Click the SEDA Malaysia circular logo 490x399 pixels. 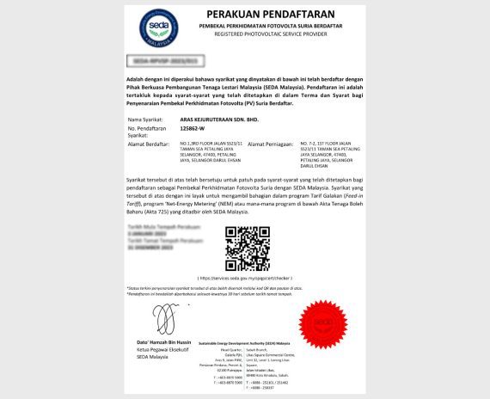tap(159, 28)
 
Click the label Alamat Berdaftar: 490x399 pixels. tap(150, 144)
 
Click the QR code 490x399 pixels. tap(248, 248)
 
